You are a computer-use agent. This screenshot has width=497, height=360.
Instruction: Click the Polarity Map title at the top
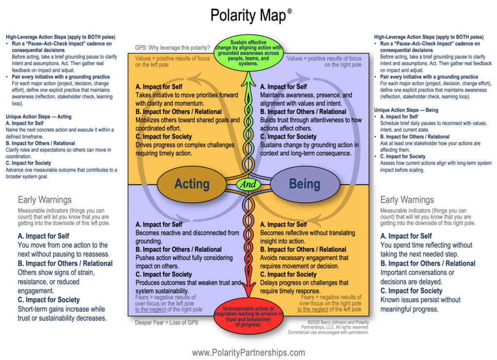coord(248,16)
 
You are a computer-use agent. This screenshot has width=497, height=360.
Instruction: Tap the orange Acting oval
coord(192,184)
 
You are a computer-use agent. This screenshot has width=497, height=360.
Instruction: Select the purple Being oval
coord(304,184)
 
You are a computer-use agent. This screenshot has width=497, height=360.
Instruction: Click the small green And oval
coord(248,184)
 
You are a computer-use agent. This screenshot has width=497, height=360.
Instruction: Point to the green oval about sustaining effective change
coord(248,53)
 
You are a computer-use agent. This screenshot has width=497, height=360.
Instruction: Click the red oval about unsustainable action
coord(248,317)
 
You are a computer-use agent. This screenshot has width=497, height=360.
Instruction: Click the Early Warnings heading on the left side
coord(45,199)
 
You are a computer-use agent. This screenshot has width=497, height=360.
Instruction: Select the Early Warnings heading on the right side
coord(407,199)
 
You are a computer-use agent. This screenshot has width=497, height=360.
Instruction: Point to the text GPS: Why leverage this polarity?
coord(172,48)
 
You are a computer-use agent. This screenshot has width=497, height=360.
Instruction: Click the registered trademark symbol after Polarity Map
coord(290,10)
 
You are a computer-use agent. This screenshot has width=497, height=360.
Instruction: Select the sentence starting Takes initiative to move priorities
coord(187,99)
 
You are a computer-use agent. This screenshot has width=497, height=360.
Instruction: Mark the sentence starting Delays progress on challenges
coord(304,287)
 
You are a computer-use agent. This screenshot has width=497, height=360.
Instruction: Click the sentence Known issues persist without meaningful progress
coord(420,304)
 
